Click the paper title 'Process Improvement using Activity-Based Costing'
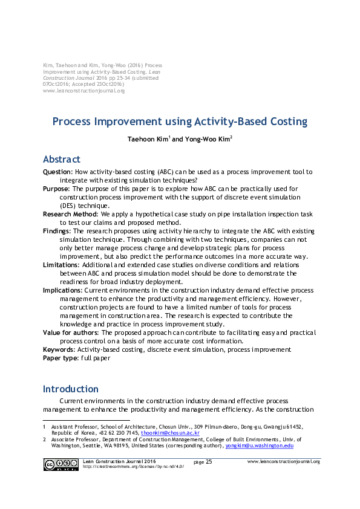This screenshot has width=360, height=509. (x=180, y=122)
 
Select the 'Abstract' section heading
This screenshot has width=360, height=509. (x=61, y=160)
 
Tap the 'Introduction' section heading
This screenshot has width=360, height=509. (x=70, y=389)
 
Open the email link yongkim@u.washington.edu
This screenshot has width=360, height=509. (x=259, y=446)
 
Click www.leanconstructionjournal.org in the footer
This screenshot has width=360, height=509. (x=283, y=461)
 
